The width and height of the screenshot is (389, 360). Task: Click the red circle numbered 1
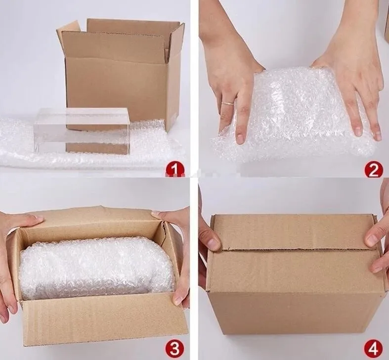175,170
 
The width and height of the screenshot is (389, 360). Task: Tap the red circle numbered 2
374,169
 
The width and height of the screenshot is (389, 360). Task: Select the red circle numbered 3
175,348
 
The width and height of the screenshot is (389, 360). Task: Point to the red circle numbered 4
373,348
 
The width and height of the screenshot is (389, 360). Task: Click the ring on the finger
228,103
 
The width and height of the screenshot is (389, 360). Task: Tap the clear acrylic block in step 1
82,131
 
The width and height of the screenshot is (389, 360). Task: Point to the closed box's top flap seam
295,249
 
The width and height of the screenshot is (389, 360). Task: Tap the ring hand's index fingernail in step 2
240,138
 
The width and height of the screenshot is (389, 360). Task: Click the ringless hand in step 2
352,75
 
